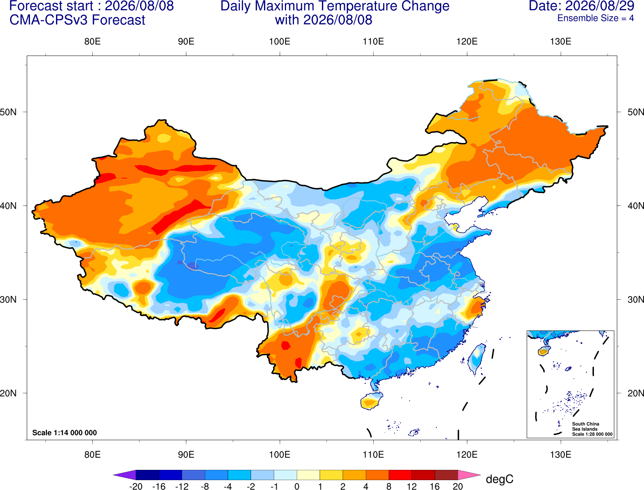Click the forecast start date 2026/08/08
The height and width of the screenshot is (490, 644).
coord(139,6)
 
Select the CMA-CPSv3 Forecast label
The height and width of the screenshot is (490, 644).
coord(77,20)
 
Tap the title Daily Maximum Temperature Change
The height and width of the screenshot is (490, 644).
coord(335,6)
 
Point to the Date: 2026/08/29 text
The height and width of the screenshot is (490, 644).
coord(582,6)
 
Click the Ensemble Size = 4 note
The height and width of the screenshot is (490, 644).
coord(595,18)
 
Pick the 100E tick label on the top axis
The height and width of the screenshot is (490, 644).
coord(280,41)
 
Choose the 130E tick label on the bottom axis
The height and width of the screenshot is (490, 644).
coord(561,454)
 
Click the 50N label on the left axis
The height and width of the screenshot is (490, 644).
coord(8,112)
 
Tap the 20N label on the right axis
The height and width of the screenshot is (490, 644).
coord(635,393)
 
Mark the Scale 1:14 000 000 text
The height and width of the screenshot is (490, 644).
coord(65,432)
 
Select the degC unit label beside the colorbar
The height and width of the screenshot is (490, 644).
coord(499,479)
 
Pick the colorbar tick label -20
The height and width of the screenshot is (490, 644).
coord(136,486)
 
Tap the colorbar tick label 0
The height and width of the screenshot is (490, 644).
coord(297,486)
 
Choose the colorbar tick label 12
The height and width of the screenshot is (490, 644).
coord(412,486)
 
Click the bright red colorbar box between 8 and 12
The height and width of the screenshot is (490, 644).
coord(400,475)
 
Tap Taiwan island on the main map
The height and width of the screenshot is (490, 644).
coord(476,359)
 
